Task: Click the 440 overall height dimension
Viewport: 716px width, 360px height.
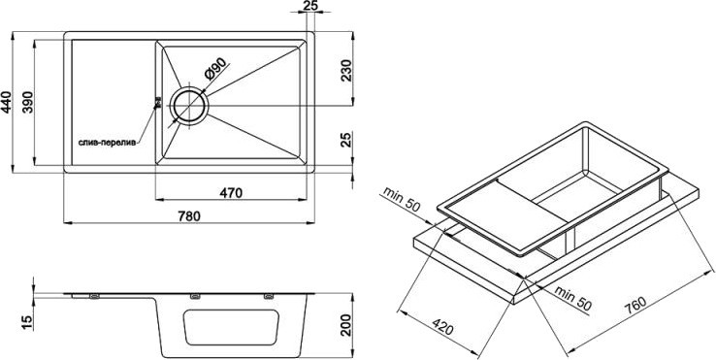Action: point(6,102)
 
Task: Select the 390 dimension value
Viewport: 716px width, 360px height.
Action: point(28,102)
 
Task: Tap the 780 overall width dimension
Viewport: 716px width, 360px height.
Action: point(189,216)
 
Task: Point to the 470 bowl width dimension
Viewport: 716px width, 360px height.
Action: point(231,193)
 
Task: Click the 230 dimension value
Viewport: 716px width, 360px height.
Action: point(346,71)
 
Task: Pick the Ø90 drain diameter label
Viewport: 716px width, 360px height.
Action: point(215,70)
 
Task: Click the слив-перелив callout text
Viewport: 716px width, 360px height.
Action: point(107,143)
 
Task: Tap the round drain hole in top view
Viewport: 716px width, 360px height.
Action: point(189,106)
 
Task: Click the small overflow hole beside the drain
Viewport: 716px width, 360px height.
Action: point(158,103)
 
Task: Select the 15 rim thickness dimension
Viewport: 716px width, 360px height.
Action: point(28,322)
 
